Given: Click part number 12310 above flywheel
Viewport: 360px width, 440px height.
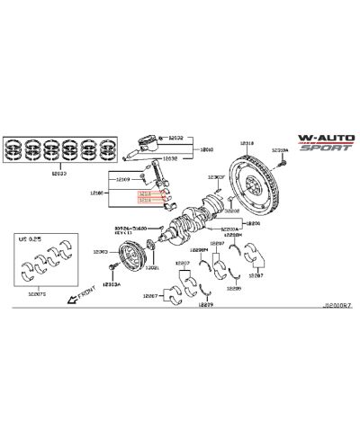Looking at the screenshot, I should coord(247,143).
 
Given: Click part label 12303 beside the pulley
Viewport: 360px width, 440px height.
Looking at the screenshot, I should coord(101,251).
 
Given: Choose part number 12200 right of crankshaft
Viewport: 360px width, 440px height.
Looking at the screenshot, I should coord(253,222).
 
